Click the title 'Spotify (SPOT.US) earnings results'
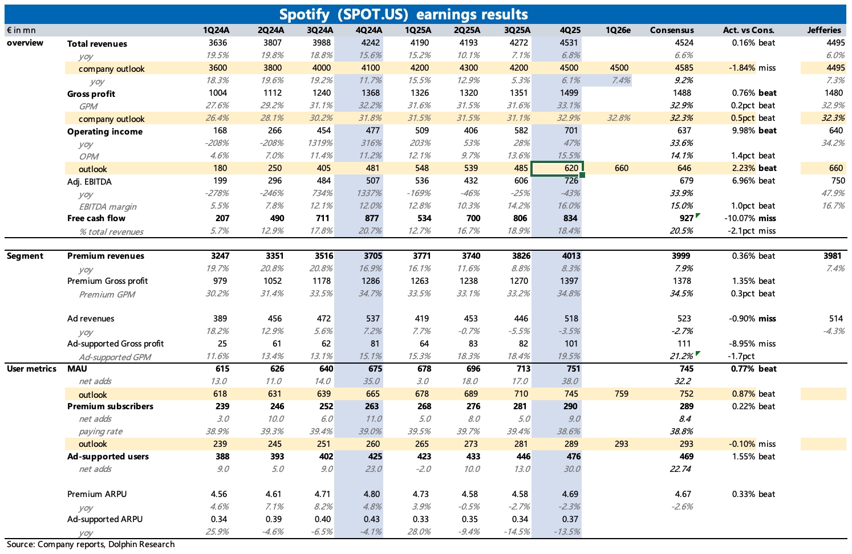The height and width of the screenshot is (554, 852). (x=403, y=14)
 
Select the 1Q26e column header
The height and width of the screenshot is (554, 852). (x=618, y=30)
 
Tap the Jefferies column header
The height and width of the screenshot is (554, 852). (x=823, y=30)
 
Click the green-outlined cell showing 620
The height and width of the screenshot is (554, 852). (x=557, y=168)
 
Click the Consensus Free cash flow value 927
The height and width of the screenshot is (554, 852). (x=686, y=218)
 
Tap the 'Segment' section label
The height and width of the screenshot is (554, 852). (x=25, y=256)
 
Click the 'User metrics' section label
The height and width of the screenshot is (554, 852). (x=31, y=369)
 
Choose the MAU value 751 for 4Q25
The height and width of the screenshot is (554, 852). (x=573, y=369)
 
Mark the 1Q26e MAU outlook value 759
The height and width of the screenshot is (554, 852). (x=622, y=394)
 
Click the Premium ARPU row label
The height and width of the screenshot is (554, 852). (x=97, y=494)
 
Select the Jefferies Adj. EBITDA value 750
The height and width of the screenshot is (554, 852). (x=838, y=181)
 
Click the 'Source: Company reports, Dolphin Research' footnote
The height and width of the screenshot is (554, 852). (x=91, y=544)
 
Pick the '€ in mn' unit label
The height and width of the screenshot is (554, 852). (x=21, y=30)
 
